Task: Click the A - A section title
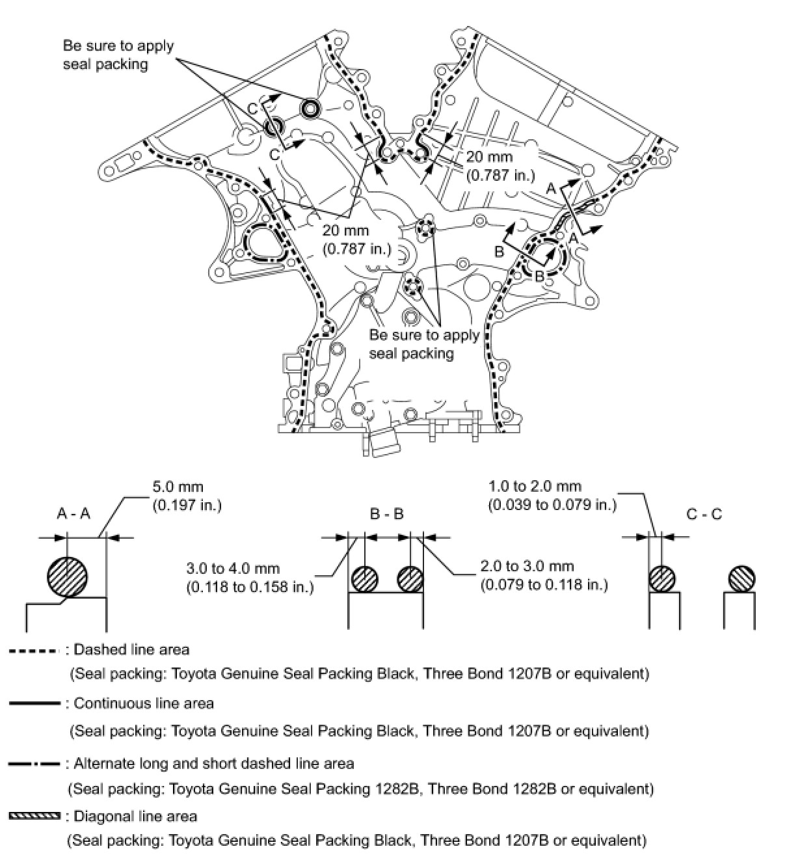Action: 73,514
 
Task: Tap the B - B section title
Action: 386,514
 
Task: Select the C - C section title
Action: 704,514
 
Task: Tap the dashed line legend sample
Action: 36,651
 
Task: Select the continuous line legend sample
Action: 35,704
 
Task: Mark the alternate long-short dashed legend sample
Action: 35,763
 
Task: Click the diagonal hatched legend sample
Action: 35,816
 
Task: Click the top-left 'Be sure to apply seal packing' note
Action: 118,55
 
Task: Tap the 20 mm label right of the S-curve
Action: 500,165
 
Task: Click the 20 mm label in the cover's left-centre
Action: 356,239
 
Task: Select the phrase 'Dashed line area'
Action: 131,649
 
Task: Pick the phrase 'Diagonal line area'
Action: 135,816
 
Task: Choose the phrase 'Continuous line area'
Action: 144,703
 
